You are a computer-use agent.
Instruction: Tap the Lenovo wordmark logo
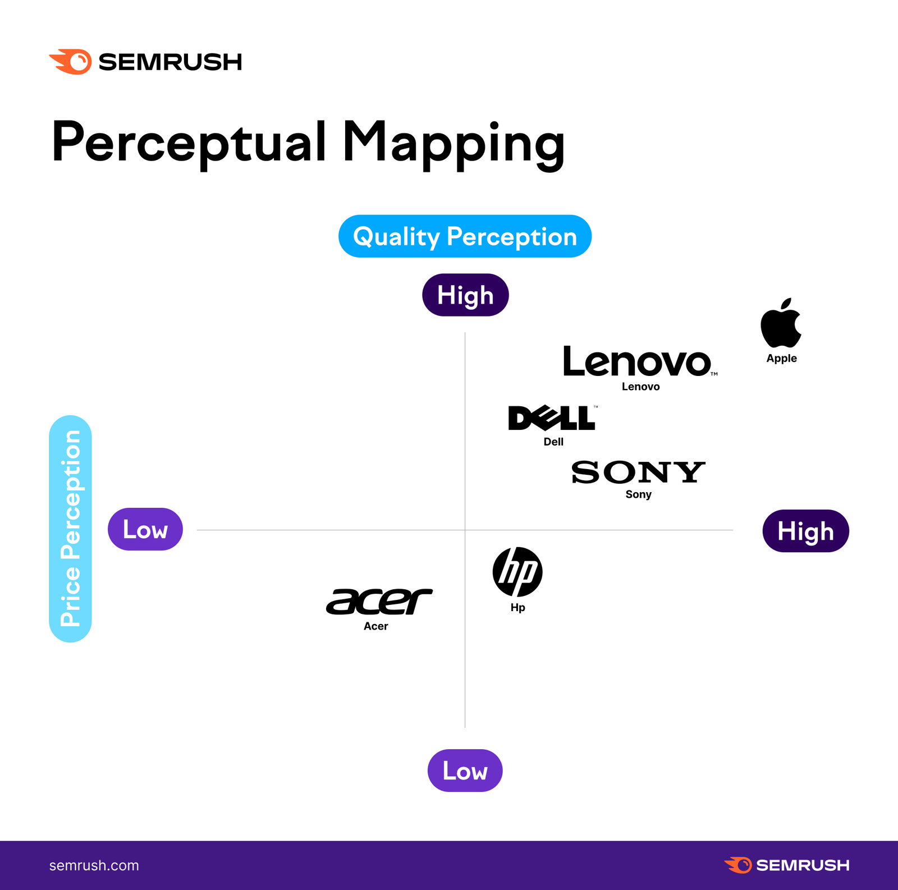coord(638,362)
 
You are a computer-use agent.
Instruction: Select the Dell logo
coord(552,418)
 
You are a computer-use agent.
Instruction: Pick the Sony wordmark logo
coord(638,472)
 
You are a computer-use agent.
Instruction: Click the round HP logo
coord(517,572)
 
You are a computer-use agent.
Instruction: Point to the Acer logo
coord(379,602)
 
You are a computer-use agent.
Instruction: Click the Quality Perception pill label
coord(465,236)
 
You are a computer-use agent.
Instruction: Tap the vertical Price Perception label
coord(71,529)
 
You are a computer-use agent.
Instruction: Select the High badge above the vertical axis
coord(465,295)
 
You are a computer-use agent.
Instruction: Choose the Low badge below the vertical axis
coord(465,770)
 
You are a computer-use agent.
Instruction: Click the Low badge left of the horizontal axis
coord(145,529)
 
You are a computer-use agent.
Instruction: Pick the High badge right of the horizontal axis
coord(805,531)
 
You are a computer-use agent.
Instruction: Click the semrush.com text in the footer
coord(94,865)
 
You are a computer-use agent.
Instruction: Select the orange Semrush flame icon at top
coord(71,61)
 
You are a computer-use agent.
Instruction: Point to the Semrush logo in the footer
coord(787,865)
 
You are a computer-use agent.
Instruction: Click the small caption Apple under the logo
coord(781,359)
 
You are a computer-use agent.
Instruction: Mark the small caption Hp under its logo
coord(517,608)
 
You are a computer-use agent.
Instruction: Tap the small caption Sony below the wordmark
coord(638,494)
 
